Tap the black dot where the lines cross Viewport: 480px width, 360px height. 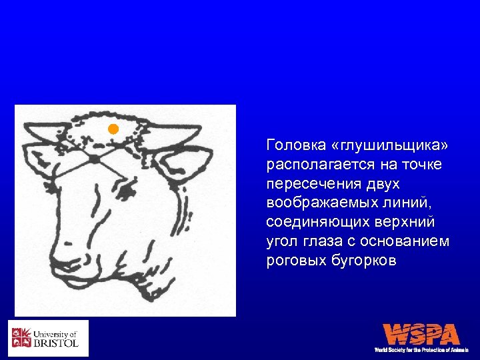tap(95, 159)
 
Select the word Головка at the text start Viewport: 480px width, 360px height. tap(292, 145)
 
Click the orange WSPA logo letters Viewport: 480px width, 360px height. tap(421, 335)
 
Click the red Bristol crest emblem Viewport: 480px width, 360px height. tap(21, 338)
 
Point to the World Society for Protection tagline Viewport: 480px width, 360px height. tap(421, 350)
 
